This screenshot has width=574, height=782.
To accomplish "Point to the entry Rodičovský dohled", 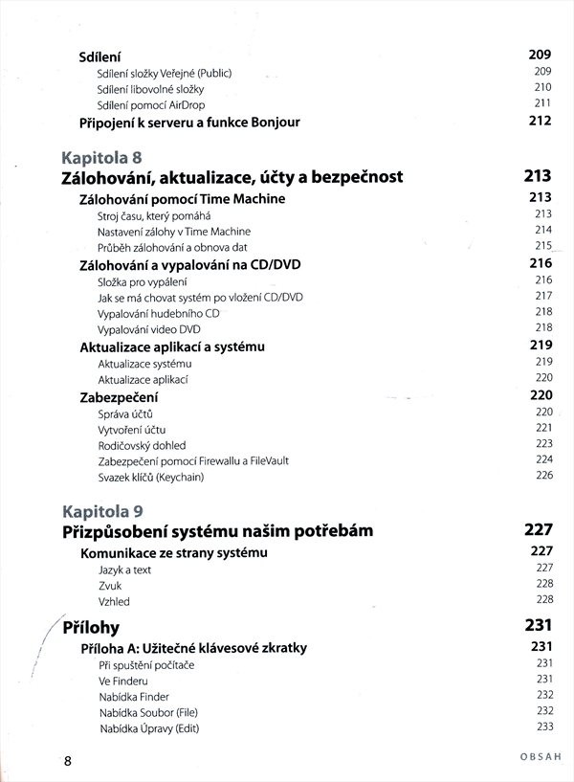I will coord(142,445).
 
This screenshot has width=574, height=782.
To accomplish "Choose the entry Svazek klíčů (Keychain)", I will coord(151,477).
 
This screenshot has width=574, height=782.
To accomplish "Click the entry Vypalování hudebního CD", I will coord(159,313).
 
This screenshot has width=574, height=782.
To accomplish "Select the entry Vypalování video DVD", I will coord(149,328).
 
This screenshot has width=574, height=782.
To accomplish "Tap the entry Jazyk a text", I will coord(125,570).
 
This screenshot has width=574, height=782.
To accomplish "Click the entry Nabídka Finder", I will coord(134,696).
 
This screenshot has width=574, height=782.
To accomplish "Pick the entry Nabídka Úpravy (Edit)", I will coord(148,728).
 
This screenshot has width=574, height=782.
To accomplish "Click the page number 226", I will coord(544,476).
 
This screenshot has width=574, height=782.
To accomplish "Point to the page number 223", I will coord(544,444).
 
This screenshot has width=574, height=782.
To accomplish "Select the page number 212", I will coord(541,122).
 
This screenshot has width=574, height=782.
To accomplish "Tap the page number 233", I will coord(544,727).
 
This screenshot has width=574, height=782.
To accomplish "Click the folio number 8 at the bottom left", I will coord(67,762).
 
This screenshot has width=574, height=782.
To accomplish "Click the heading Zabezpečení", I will coord(119,396).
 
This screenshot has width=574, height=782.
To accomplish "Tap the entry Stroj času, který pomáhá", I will coord(146,215).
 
